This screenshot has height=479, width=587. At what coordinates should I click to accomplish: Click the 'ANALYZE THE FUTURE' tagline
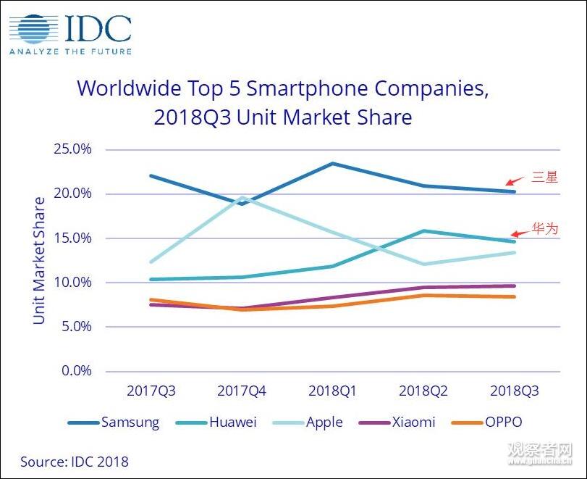[x=70, y=51]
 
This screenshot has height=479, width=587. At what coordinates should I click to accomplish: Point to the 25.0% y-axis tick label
[x=72, y=149]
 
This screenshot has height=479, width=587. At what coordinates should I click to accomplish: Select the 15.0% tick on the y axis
[x=72, y=238]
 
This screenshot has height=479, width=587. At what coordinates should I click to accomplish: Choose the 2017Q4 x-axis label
[x=242, y=391]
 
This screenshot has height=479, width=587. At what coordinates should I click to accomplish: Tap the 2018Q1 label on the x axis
[x=332, y=391]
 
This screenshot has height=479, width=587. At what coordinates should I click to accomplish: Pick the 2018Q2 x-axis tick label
[x=423, y=391]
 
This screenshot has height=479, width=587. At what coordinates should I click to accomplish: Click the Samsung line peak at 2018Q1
[x=333, y=164]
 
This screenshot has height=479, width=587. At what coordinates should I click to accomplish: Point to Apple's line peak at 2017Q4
[x=242, y=197]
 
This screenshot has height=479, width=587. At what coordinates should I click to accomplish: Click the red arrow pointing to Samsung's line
[x=515, y=180]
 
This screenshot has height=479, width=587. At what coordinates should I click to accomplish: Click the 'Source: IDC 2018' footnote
[x=74, y=461]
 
